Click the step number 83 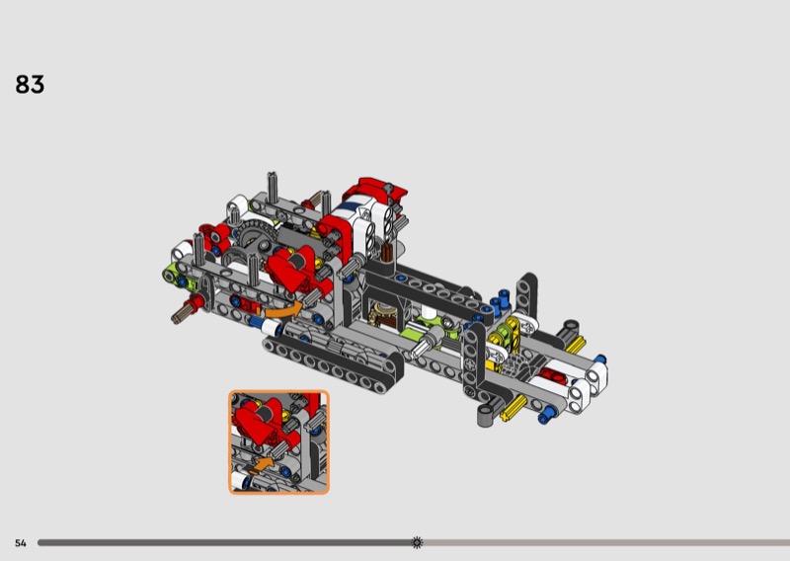[x=30, y=84]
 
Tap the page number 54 [x=20, y=543]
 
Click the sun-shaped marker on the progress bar [x=417, y=542]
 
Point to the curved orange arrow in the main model [x=283, y=310]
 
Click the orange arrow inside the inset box [x=262, y=464]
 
